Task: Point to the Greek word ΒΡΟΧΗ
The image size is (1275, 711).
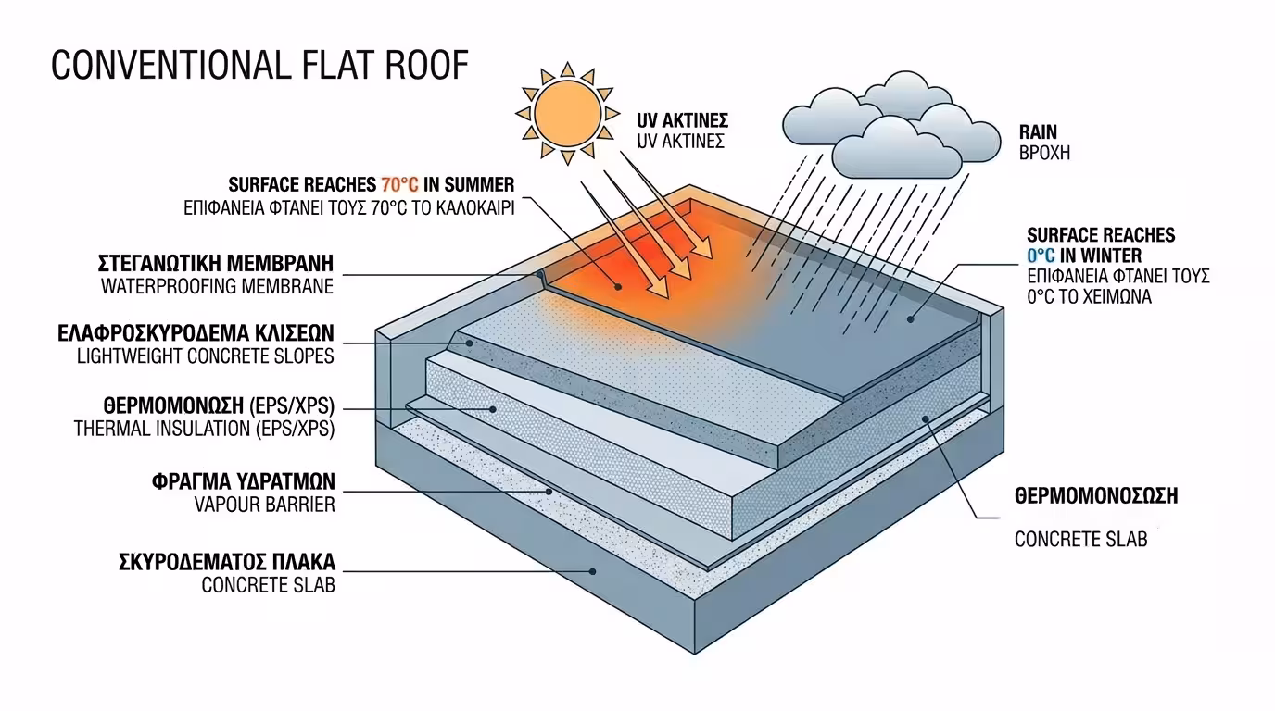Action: pos(1043,153)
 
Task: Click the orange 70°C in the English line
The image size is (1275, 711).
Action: pos(399,184)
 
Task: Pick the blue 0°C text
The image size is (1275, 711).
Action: pos(1044,256)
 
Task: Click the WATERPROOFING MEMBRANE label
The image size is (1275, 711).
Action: pos(217,286)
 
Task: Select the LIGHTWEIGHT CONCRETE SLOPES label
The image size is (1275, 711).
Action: pos(206,355)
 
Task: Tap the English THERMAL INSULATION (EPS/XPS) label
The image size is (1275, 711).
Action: pos(204,430)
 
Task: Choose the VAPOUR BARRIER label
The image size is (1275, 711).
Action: pos(265,505)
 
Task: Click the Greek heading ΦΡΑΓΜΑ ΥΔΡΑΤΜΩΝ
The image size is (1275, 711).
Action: pos(243,482)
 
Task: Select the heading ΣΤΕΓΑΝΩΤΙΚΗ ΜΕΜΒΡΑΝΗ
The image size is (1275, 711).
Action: pos(216,262)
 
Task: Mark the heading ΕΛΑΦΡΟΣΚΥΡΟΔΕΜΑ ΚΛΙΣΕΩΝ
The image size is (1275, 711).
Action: pos(196,332)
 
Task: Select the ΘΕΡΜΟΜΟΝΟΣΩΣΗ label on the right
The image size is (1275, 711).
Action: pos(1096,496)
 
